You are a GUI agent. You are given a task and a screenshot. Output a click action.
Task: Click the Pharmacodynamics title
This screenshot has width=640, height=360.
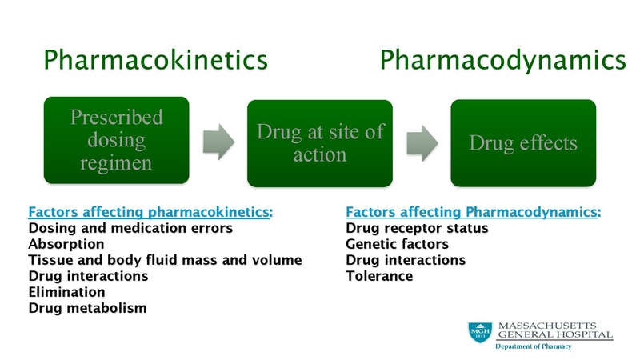pos(502,61)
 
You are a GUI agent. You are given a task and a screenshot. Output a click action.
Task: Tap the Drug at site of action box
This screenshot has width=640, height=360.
pos(319,142)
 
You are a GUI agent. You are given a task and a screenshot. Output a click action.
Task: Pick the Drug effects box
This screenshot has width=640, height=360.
pos(522,142)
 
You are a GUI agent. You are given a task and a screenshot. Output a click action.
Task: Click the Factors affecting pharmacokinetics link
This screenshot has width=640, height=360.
pos(149,213)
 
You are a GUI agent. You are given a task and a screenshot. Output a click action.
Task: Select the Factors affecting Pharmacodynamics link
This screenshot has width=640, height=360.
pos(472,213)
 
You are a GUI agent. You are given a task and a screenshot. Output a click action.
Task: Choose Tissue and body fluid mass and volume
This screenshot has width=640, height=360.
pos(164,261)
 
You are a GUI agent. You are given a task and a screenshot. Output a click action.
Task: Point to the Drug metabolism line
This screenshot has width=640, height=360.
pos(87,309)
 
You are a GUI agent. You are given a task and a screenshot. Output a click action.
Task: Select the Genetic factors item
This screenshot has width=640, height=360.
pos(397,245)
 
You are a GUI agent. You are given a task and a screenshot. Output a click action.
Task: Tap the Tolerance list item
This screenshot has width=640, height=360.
pos(379,277)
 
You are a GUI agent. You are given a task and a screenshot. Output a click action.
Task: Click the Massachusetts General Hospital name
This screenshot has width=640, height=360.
pos(554,329)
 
